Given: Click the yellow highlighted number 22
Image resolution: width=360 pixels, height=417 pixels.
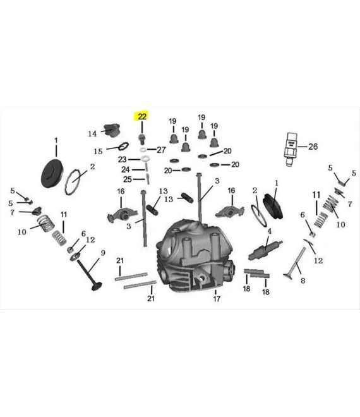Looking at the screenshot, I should [141, 116].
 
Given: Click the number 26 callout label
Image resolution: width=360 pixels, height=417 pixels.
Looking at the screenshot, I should [313, 147].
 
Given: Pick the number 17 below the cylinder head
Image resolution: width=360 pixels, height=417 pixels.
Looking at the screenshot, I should [216, 299].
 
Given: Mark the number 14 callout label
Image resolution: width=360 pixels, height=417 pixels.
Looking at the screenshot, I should [92, 133].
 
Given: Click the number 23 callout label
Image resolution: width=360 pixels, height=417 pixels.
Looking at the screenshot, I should [123, 159].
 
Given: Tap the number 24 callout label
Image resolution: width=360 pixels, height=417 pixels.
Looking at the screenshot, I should [125, 169].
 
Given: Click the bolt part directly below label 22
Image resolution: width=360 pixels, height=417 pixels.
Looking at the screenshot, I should [143, 138].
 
